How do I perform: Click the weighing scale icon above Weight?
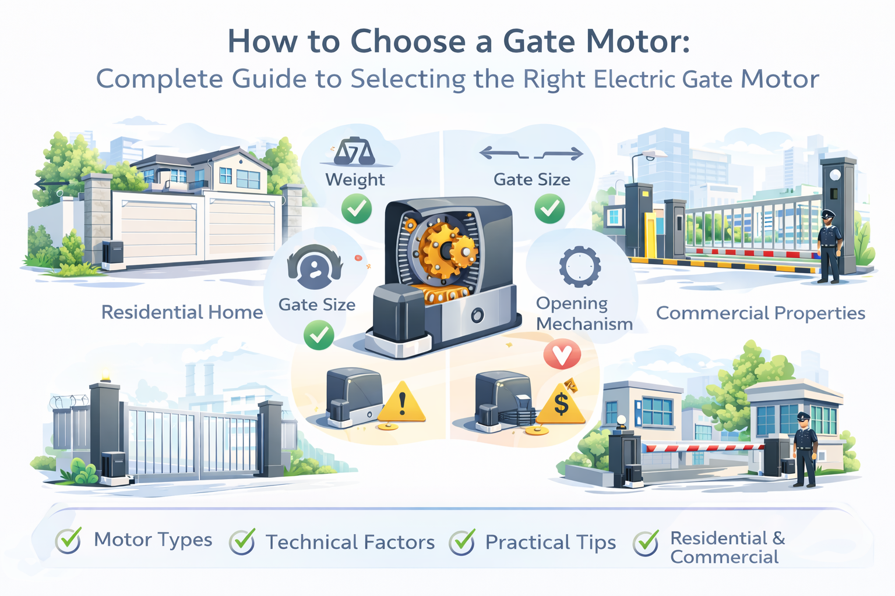coord(354,152)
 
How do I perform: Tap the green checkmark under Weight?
coord(357,208)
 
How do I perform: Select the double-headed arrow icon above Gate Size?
coord(531,154)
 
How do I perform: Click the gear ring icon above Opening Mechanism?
coord(580,267)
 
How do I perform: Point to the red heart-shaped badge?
coord(562,354)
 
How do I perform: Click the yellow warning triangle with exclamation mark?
coord(401,402)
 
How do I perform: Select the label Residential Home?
coord(182,312)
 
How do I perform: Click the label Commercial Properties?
coord(761,313)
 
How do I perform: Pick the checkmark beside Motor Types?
coord(69,541)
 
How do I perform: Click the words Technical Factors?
coord(350,542)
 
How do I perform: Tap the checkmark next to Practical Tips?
coord(462,542)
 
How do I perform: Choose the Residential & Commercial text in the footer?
coord(728,547)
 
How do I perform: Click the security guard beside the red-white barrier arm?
coord(804,450)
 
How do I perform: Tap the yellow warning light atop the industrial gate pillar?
coord(105,375)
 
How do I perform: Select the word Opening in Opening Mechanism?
coord(572,304)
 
